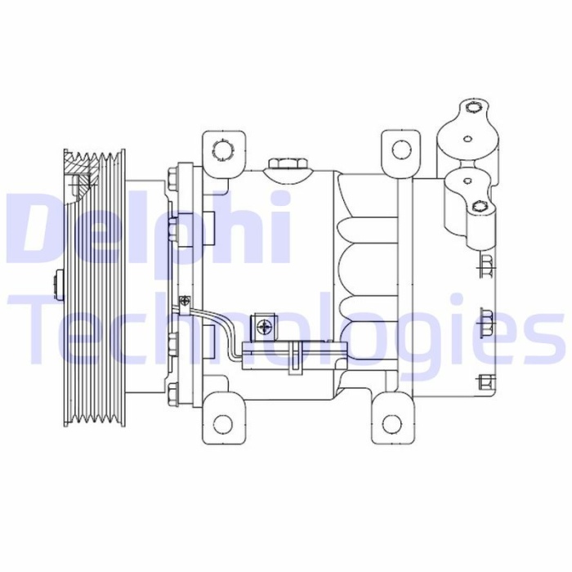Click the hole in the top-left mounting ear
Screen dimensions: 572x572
[221, 150]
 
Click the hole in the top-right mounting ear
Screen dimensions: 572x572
[401, 150]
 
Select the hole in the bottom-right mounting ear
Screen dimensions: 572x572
[393, 423]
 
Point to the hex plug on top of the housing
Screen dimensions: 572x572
[288, 164]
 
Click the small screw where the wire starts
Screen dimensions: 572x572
[186, 301]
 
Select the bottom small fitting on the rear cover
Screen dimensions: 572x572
[484, 381]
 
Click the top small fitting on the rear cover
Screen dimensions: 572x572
[485, 263]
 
